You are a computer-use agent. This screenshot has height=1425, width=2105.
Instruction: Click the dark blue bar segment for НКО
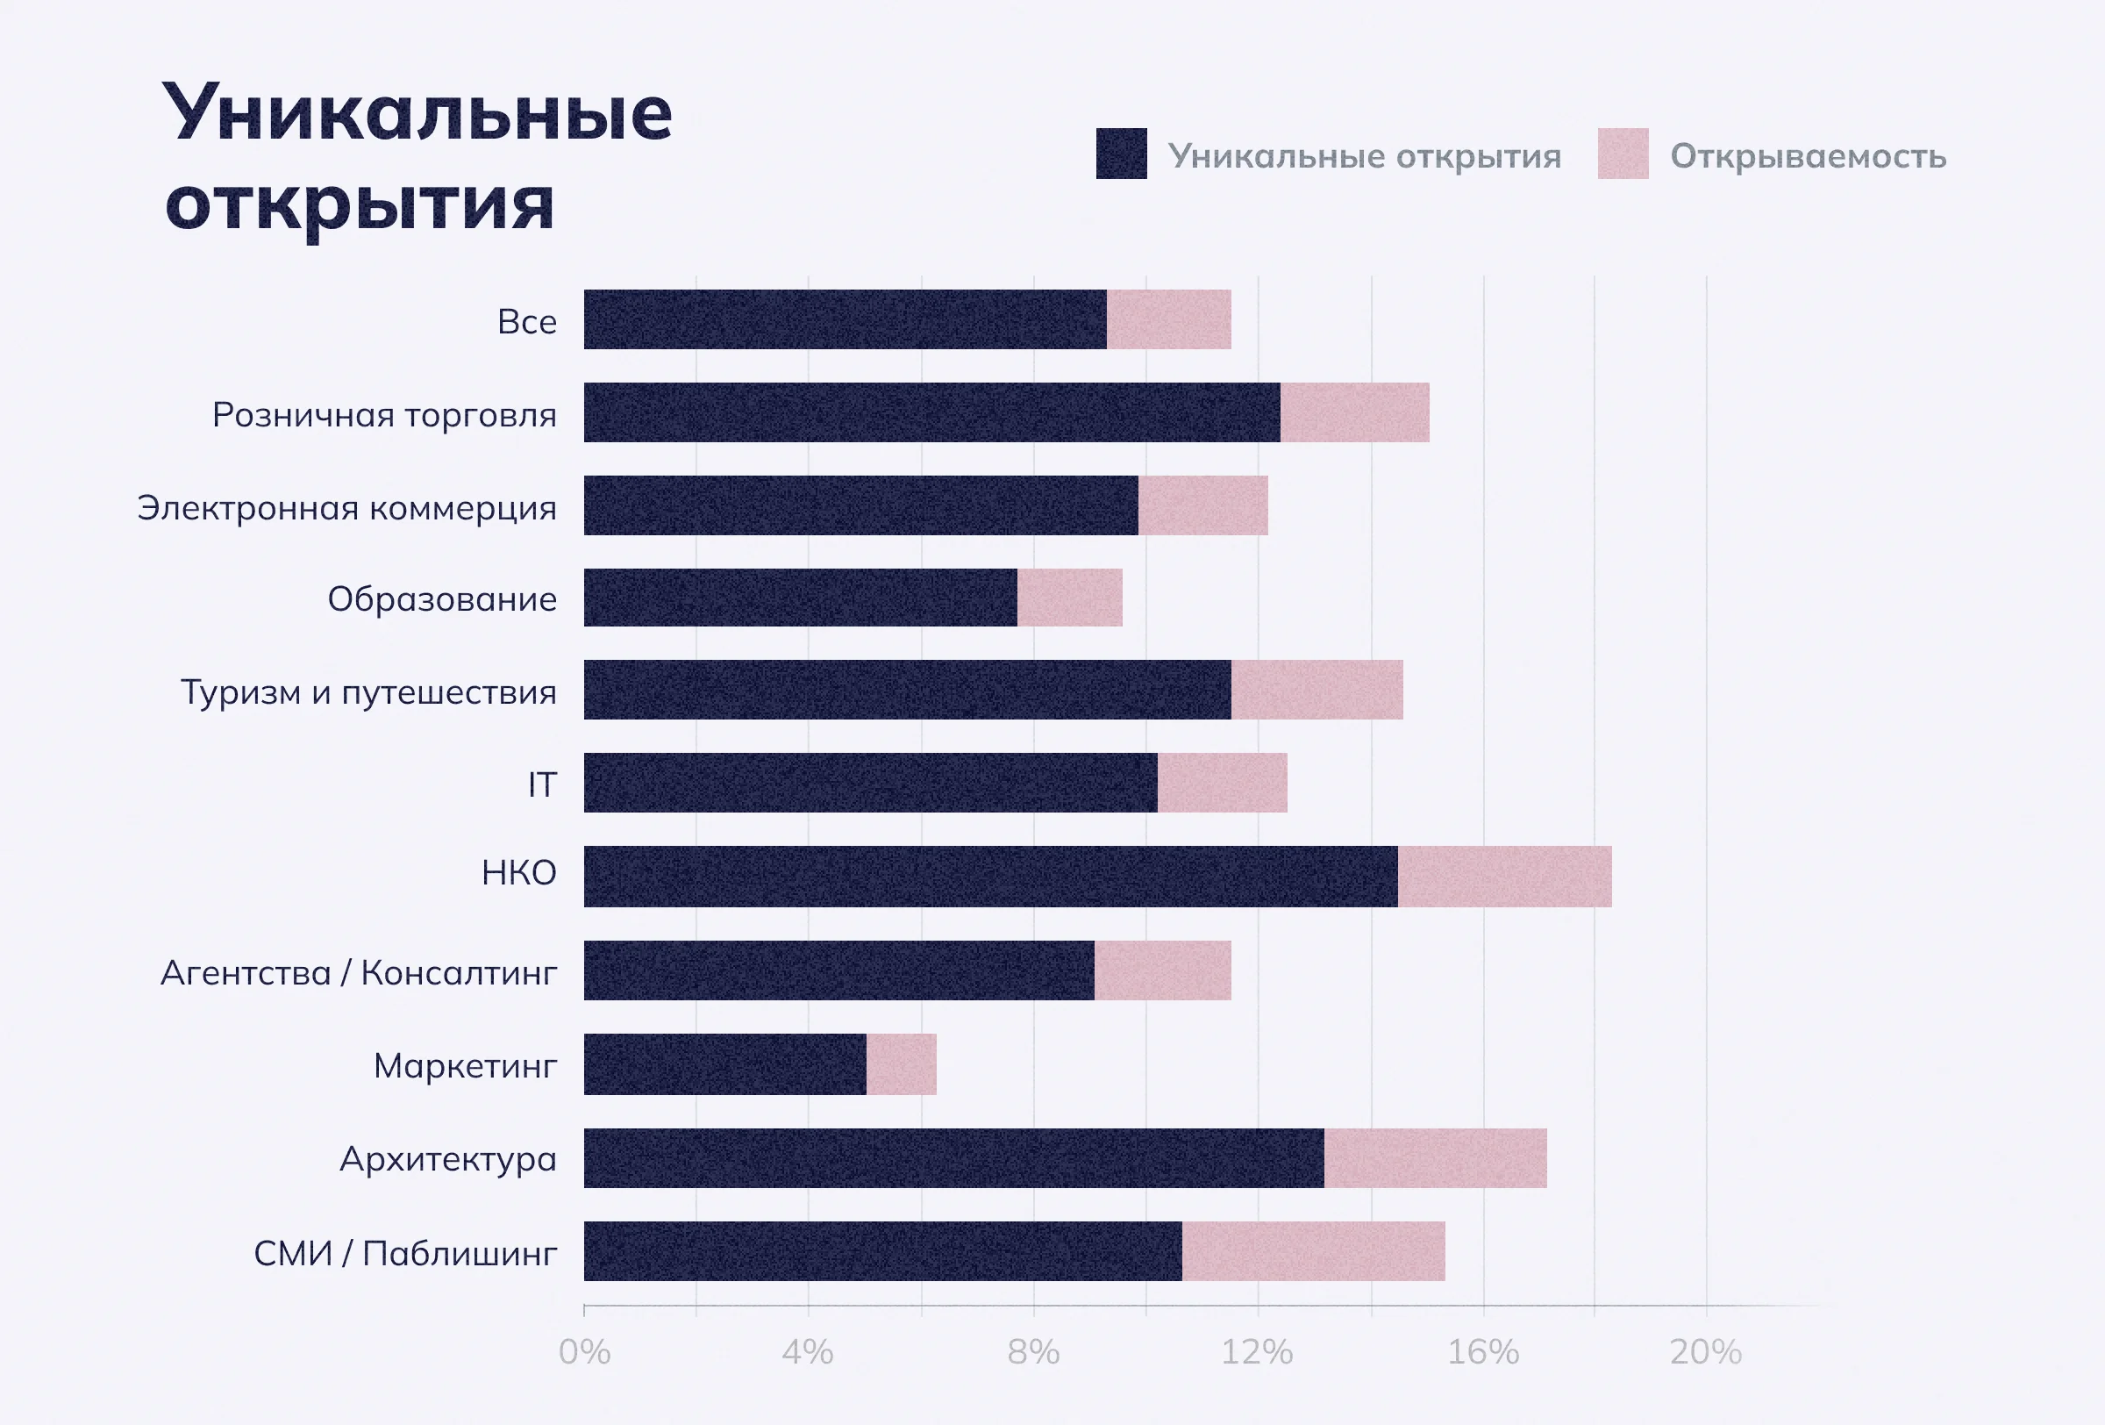[x=990, y=876]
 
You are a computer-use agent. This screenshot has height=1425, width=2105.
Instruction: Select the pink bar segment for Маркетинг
[x=902, y=1063]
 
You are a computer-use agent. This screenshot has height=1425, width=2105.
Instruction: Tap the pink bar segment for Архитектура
[x=1435, y=1157]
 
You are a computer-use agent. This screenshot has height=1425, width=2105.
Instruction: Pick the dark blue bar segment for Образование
[x=800, y=597]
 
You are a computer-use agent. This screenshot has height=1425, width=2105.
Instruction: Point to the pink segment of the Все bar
[x=1168, y=319]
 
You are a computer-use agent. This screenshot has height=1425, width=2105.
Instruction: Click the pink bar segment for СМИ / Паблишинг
[x=1313, y=1251]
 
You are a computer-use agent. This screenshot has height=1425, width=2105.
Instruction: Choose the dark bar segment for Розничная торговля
[x=931, y=412]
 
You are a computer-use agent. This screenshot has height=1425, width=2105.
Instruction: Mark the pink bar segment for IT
[x=1222, y=783]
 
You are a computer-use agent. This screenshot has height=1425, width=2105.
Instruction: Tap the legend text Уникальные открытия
[x=1364, y=156]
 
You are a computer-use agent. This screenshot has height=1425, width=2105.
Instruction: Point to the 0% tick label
[x=584, y=1351]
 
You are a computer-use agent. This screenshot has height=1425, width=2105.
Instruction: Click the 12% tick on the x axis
[x=1257, y=1351]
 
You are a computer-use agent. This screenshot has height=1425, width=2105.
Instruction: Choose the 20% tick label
[x=1705, y=1351]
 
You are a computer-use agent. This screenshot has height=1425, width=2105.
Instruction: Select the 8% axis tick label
[x=1032, y=1351]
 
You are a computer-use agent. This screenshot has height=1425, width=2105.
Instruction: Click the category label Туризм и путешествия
[x=368, y=692]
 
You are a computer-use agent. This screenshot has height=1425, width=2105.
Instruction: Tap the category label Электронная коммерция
[x=347, y=507]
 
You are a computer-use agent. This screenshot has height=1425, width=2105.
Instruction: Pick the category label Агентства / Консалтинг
[x=359, y=972]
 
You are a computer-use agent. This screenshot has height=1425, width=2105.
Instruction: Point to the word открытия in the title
[x=360, y=204]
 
